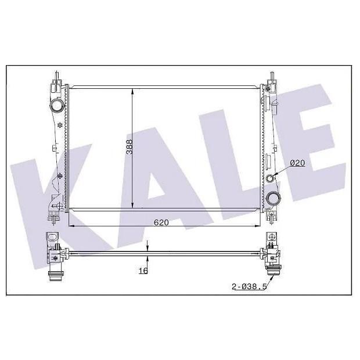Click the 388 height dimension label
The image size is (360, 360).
pyautogui.click(x=129, y=147)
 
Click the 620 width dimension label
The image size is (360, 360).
pyautogui.click(x=161, y=222)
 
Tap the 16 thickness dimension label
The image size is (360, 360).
pyautogui.click(x=143, y=271)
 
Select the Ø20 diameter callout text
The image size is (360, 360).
pyautogui.click(x=297, y=163)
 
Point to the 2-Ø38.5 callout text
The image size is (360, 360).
pyautogui.click(x=249, y=286)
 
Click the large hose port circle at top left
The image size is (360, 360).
pyautogui.click(x=56, y=105)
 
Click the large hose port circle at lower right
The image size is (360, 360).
pyautogui.click(x=273, y=198)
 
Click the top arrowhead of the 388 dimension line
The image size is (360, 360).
pyautogui.click(x=132, y=92)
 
